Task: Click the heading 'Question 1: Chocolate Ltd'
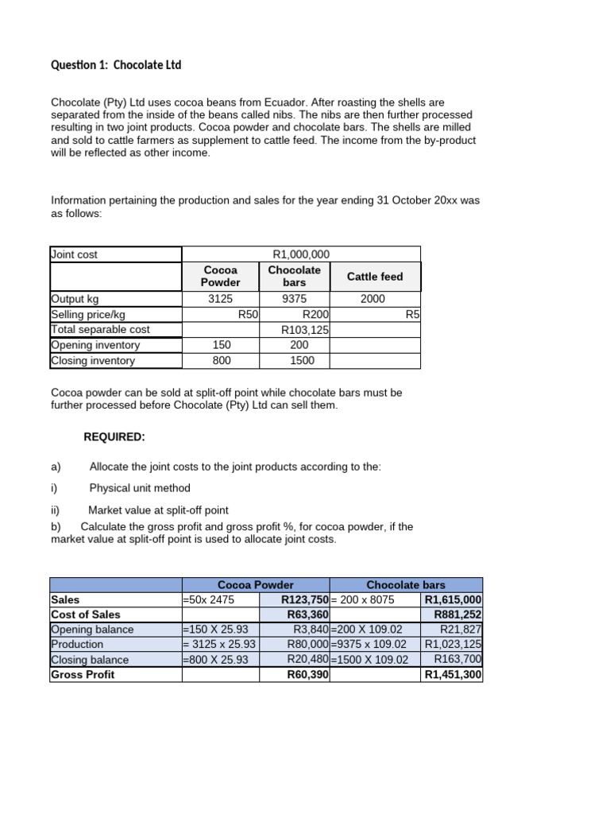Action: [116, 64]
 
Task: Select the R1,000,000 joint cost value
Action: [300, 254]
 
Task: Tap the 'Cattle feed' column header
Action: [374, 277]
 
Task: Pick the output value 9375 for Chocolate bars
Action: [294, 299]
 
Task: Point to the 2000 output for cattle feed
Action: [372, 299]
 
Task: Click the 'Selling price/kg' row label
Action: [89, 314]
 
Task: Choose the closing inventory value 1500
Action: [302, 360]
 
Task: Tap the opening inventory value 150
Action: [222, 345]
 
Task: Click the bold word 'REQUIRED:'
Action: [114, 437]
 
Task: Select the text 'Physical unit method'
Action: [140, 488]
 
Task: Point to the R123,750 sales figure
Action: [305, 600]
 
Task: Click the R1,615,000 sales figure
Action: [453, 600]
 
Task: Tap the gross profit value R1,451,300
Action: [453, 675]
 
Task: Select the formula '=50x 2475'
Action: [209, 600]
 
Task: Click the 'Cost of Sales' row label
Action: [86, 614]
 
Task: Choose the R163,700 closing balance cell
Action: [457, 660]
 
